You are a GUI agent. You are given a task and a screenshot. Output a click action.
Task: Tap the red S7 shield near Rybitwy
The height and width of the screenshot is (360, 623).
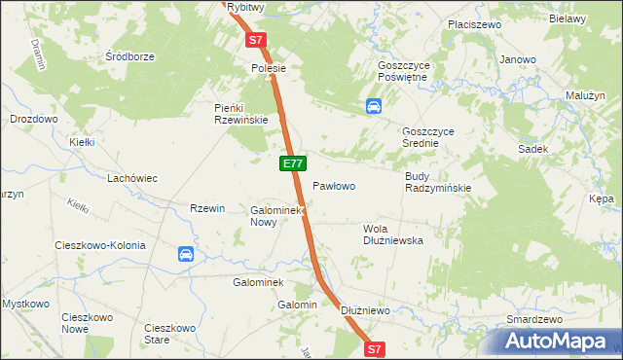(255, 41)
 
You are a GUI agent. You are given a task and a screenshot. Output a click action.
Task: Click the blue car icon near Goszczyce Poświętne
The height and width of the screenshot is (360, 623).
(374, 106)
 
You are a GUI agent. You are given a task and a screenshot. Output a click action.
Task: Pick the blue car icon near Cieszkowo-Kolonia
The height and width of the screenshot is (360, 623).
(186, 255)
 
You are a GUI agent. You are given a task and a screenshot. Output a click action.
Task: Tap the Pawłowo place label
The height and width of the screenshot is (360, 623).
(333, 185)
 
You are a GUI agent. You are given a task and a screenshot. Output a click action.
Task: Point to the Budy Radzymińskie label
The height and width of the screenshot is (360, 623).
(437, 182)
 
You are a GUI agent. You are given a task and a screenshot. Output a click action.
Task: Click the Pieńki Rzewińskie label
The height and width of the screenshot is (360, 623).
(241, 114)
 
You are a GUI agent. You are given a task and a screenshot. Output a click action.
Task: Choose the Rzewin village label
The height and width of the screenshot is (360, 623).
(207, 208)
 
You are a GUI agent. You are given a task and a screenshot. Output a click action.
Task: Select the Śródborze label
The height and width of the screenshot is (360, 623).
(130, 56)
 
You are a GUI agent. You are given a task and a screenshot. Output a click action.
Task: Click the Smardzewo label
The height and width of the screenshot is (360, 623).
(535, 319)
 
